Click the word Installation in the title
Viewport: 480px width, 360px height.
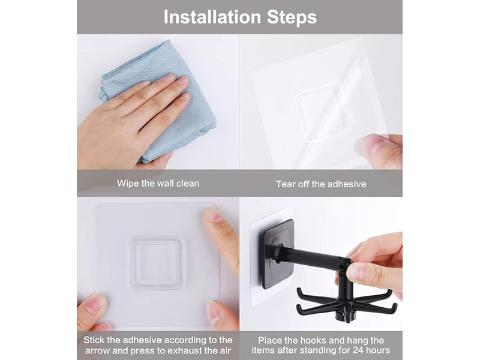[x=212, y=17]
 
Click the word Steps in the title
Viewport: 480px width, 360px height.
[x=292, y=17]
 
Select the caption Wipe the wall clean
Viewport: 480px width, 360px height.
[x=158, y=184]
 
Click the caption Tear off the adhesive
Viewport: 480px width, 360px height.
[x=321, y=184]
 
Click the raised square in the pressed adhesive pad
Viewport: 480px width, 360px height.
[x=156, y=263]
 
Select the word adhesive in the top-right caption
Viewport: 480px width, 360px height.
[x=346, y=184]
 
